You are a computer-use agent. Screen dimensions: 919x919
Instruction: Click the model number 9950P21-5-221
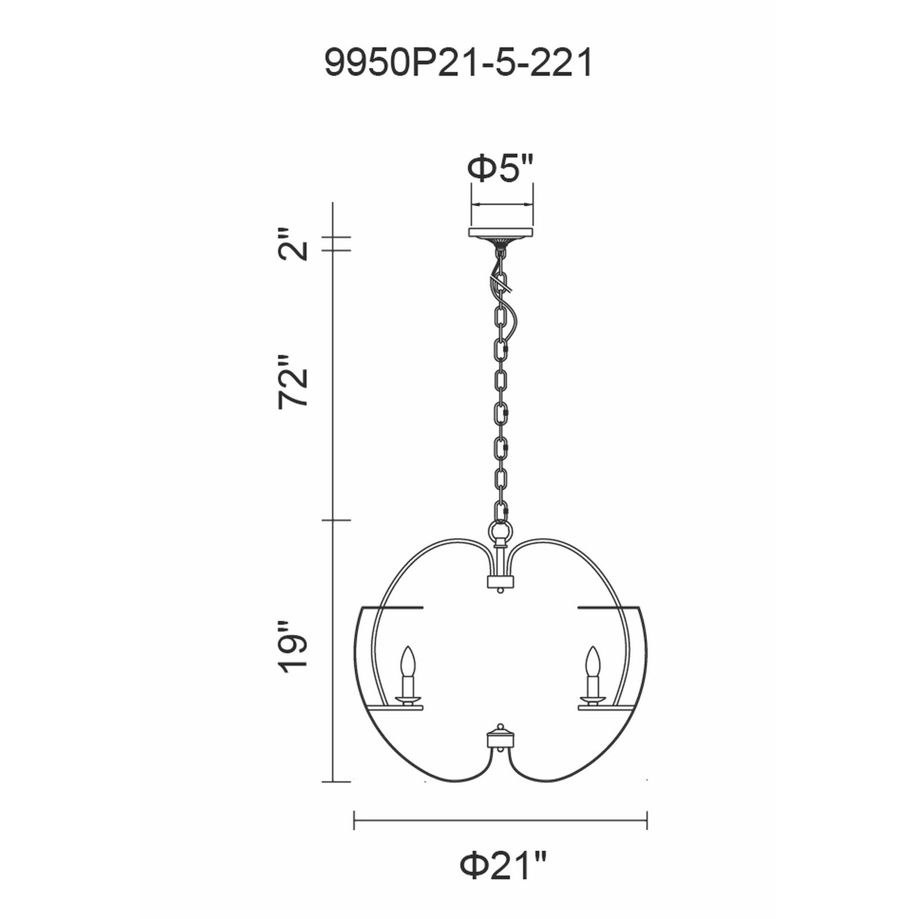click(x=459, y=63)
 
